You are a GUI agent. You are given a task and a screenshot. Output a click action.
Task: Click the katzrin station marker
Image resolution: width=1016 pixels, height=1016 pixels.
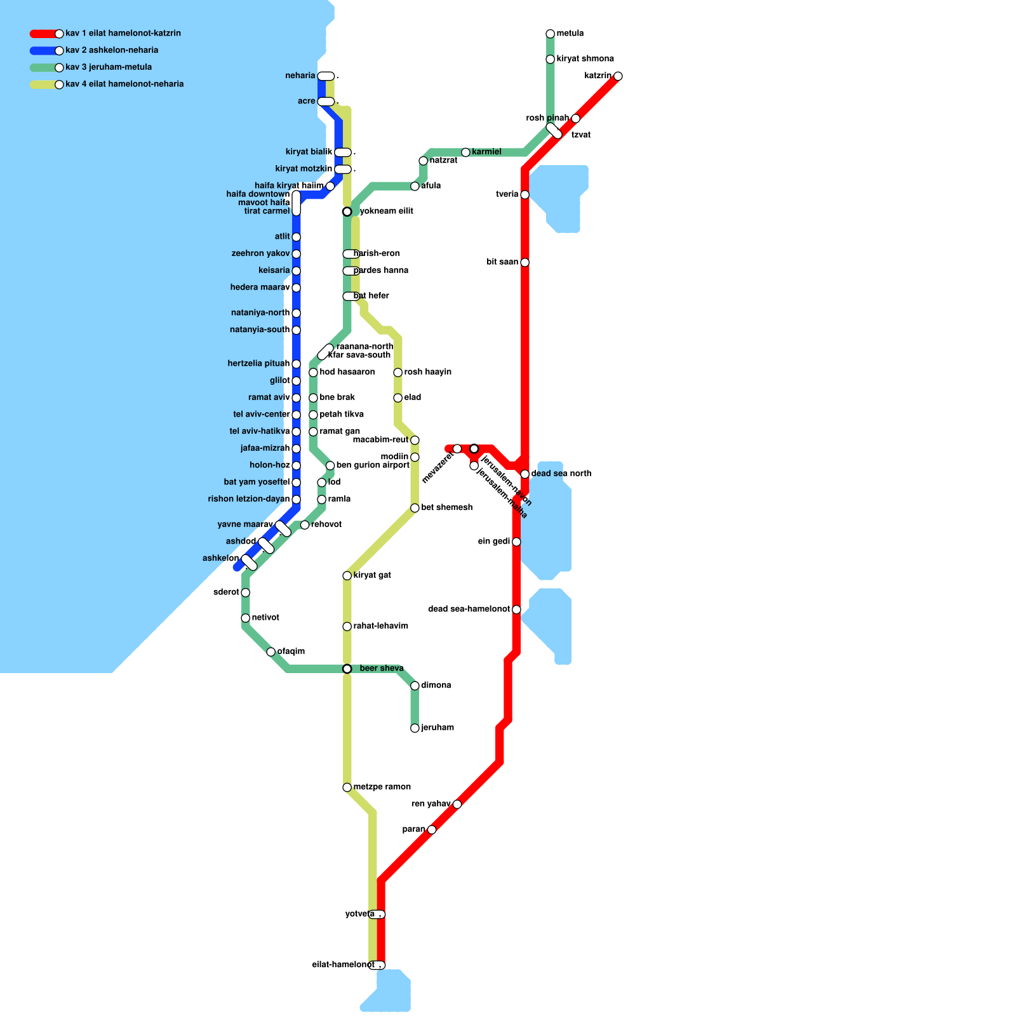tap(618, 76)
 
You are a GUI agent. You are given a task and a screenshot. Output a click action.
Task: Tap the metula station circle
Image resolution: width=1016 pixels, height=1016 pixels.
tap(550, 34)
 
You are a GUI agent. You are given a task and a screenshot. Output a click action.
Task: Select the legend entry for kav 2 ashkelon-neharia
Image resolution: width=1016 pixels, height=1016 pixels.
tap(112, 50)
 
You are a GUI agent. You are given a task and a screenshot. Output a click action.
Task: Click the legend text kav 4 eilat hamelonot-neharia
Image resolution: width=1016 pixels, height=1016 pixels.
tap(124, 84)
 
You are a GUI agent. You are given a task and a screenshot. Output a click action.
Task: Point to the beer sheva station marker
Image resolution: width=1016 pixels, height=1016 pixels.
tap(347, 669)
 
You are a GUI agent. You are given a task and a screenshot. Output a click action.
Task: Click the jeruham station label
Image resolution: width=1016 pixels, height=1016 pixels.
tap(438, 728)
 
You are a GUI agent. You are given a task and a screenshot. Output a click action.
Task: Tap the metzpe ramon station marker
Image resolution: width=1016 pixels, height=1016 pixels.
tap(347, 787)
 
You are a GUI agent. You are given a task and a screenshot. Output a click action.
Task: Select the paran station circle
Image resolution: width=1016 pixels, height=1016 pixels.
tap(432, 829)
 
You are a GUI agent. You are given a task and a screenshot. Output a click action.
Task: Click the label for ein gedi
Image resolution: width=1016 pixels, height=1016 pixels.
tap(493, 542)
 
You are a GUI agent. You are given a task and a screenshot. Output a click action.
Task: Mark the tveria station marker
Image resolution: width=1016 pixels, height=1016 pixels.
tap(525, 194)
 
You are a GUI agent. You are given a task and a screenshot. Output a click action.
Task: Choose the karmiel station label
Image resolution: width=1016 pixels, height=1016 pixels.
tap(486, 152)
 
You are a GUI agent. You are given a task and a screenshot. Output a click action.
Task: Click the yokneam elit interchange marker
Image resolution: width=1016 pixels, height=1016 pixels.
tap(347, 211)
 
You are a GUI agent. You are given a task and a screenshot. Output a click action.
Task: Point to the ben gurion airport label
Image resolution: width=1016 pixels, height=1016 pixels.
tap(373, 465)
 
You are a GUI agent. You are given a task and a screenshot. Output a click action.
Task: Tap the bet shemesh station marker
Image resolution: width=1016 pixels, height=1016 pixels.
tap(415, 508)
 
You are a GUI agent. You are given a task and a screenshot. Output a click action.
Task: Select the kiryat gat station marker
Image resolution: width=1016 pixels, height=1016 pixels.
tap(347, 575)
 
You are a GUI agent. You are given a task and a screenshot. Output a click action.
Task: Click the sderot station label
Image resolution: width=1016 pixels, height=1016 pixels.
tap(226, 592)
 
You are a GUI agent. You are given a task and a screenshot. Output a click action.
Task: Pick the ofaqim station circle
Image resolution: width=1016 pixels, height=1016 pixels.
tap(271, 652)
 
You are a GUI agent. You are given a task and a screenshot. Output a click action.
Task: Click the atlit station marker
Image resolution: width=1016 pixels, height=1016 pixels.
tap(296, 237)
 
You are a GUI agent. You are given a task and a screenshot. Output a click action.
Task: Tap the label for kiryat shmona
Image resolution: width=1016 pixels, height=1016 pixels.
tap(585, 59)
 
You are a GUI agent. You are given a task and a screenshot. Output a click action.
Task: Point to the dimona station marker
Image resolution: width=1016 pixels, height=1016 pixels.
tap(415, 686)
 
